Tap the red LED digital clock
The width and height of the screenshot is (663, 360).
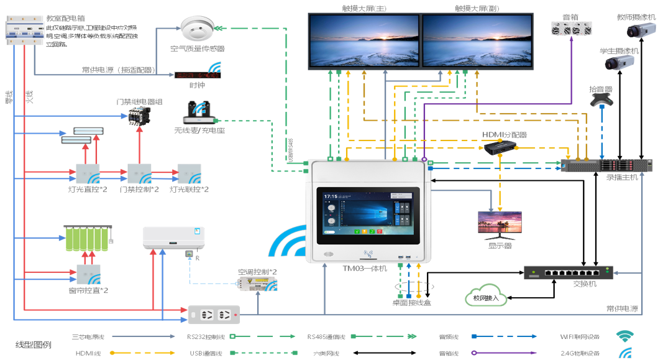coord(193,75)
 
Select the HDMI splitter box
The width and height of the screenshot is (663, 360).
coord(502,146)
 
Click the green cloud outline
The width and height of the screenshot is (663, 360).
coord(485,294)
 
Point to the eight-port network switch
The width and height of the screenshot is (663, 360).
coord(568,272)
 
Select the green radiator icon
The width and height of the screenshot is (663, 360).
coord(88,237)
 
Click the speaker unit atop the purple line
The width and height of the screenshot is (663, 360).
coord(572,28)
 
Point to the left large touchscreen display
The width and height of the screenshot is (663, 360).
coord(364,40)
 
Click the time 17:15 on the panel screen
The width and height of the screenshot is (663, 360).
coord(330,196)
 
